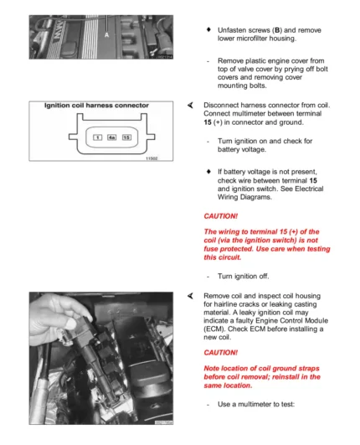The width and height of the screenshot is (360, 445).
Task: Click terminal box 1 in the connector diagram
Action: pyautogui.click(x=97, y=137)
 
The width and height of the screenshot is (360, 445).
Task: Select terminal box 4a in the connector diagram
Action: pyautogui.click(x=111, y=137)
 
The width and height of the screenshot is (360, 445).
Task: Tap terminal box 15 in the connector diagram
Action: pyautogui.click(x=126, y=137)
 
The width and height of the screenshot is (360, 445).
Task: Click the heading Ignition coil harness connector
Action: pyautogui.click(x=96, y=106)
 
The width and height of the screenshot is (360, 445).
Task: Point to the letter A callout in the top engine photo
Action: pyautogui.click(x=106, y=35)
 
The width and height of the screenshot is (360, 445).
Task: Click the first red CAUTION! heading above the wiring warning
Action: pyautogui.click(x=220, y=216)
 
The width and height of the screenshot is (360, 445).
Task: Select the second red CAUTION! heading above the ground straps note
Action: pyautogui.click(x=220, y=353)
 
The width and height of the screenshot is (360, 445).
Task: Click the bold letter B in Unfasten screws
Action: pyautogui.click(x=277, y=30)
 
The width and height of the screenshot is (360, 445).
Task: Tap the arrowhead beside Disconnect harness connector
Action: pyautogui.click(x=190, y=106)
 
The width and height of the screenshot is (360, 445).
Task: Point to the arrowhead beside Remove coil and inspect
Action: pyautogui.click(x=190, y=296)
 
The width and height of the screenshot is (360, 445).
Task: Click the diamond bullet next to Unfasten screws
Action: pyautogui.click(x=209, y=29)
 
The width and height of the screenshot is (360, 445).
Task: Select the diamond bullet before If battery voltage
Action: pyautogui.click(x=209, y=171)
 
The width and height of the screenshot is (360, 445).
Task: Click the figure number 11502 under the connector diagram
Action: pyautogui.click(x=152, y=158)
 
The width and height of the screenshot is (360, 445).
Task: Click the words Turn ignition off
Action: pyautogui.click(x=244, y=277)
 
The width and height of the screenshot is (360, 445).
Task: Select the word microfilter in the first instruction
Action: pyautogui.click(x=253, y=39)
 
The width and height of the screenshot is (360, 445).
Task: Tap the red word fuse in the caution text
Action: pyautogui.click(x=211, y=249)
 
